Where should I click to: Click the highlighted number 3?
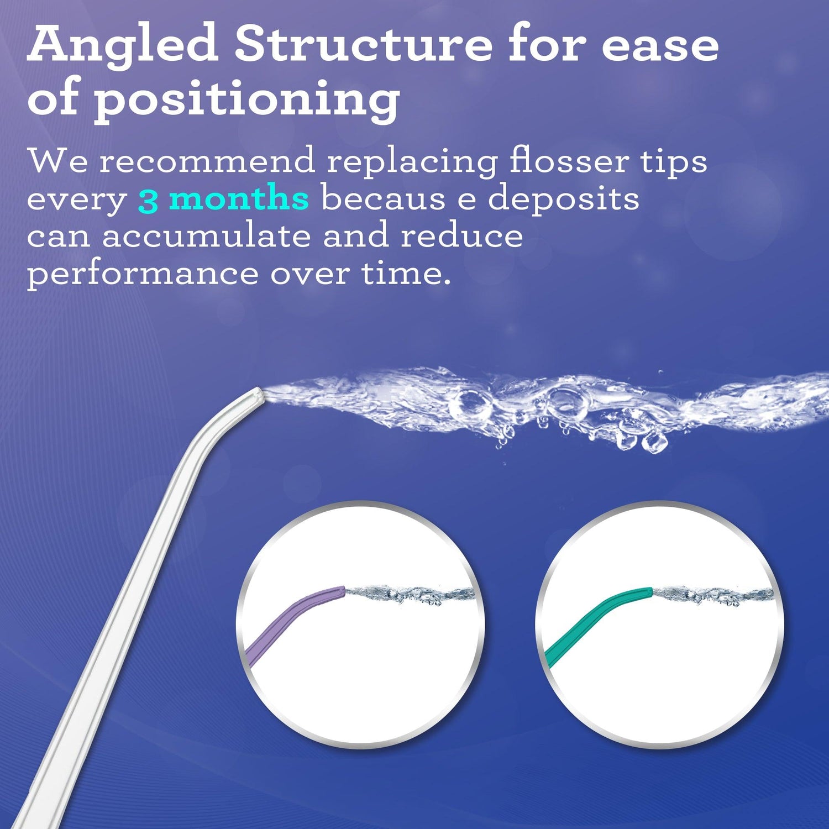pos(148,201)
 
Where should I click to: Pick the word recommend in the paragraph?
pos(207,162)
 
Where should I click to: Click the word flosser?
pos(569,161)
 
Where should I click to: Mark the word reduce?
pos(461,237)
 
